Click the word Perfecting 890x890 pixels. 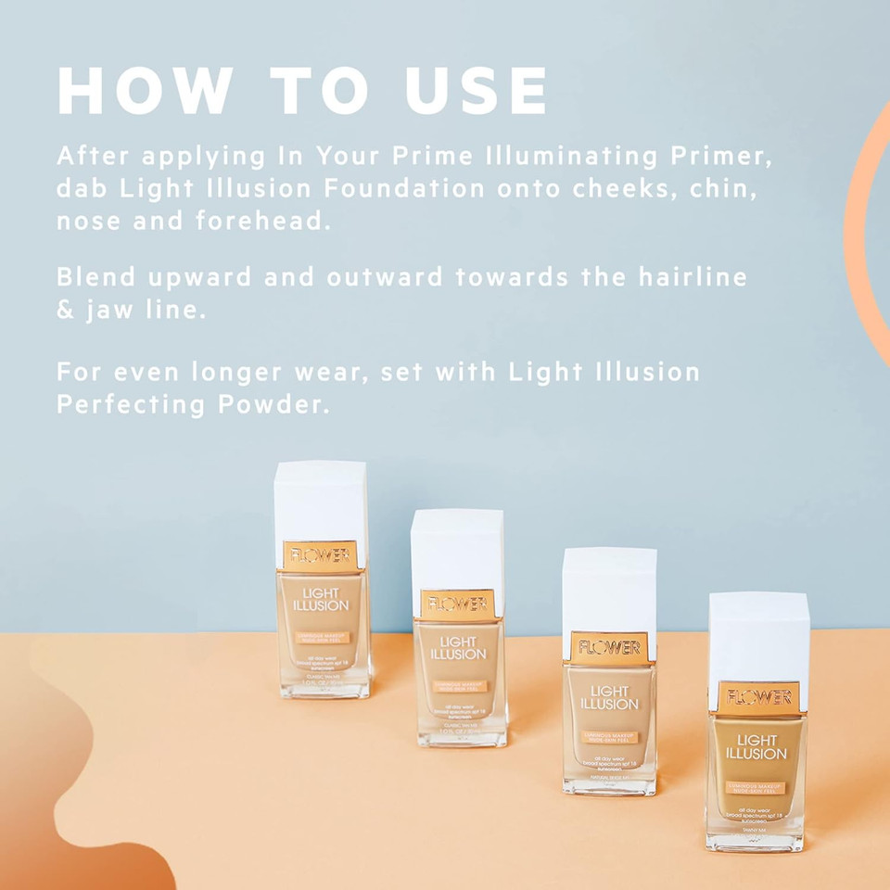point(131,405)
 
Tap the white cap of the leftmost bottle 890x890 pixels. point(320,501)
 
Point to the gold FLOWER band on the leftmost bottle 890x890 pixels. point(320,554)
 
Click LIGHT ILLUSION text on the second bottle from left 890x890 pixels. point(458,648)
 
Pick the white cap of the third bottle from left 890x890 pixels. point(609,590)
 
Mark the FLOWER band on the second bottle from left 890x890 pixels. point(458,604)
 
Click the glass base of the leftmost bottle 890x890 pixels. point(324,685)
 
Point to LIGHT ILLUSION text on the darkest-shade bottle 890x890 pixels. point(756,746)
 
